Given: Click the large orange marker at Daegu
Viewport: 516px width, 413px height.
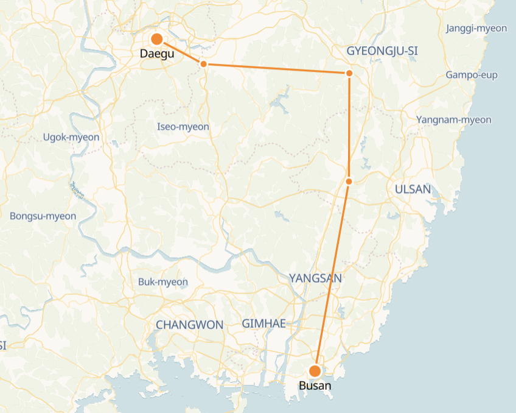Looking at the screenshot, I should [x=156, y=39].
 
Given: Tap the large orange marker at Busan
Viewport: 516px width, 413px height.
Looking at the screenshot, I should [x=315, y=370].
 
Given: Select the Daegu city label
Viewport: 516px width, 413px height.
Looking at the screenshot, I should [x=157, y=54].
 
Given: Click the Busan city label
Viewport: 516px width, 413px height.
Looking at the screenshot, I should [x=315, y=386].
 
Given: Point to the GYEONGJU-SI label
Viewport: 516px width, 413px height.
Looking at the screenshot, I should [x=382, y=51].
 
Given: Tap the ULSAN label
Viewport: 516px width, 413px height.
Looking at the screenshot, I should [x=413, y=189].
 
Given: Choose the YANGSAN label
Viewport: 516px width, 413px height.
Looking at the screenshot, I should [x=315, y=278].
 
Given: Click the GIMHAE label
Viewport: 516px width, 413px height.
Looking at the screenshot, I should [x=263, y=323].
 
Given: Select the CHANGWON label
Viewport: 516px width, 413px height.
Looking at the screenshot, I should [x=189, y=325].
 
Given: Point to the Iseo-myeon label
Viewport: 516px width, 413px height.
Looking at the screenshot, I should [x=183, y=127].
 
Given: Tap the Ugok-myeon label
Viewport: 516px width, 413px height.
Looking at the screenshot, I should [x=71, y=137].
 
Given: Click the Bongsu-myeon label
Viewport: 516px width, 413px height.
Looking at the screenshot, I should [x=43, y=216].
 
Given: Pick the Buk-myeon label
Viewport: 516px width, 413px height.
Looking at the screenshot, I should [x=163, y=282].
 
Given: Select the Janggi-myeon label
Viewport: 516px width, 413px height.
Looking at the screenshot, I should [x=476, y=29].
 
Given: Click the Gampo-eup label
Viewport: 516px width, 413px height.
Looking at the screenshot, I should [x=471, y=75].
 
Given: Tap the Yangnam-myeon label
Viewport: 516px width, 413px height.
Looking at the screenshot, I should [x=453, y=119].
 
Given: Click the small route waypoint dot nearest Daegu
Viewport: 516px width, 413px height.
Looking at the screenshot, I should [x=204, y=63].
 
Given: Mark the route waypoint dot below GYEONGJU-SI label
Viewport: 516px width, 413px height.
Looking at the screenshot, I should [x=349, y=73].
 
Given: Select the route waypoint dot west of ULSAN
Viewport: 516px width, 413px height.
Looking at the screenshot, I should [x=349, y=181].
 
